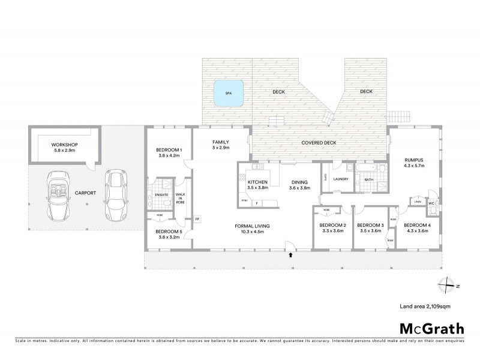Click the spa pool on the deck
(228, 94)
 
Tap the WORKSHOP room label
(64, 145)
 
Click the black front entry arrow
(291, 254)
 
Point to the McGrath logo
(431, 328)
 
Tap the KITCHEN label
(257, 182)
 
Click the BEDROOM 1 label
(169, 149)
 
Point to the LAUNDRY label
(341, 178)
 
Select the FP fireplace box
(197, 219)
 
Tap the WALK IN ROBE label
(180, 199)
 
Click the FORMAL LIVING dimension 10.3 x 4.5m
(252, 231)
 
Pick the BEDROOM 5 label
(169, 231)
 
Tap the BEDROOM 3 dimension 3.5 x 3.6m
(370, 231)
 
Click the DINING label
(300, 182)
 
